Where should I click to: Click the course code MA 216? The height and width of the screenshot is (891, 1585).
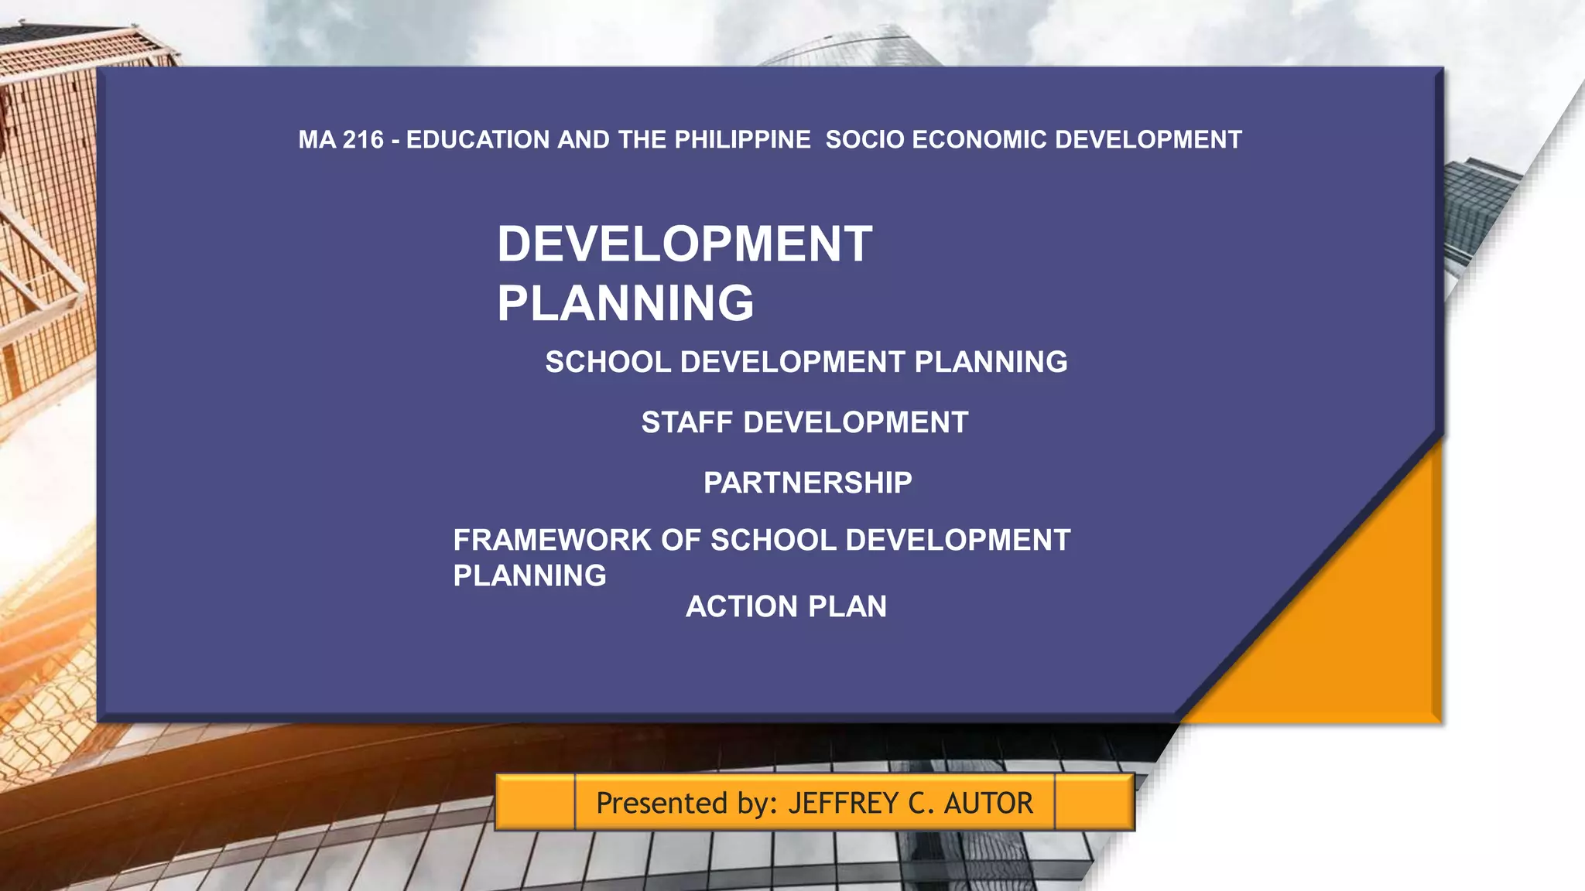pos(341,140)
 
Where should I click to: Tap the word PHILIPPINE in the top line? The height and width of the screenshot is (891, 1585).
pos(742,140)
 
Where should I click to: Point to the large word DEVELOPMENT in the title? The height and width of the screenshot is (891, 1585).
pos(684,244)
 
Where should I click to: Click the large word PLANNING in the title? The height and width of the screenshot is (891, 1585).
pos(625,303)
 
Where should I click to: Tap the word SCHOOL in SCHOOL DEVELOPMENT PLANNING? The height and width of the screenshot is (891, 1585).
pos(608,363)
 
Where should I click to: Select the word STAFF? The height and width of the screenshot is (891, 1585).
pos(686,423)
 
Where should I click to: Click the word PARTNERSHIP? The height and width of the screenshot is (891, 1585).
pos(807,483)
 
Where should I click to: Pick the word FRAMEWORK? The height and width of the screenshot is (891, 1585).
pos(552,541)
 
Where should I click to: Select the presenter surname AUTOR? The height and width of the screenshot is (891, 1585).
pos(988,804)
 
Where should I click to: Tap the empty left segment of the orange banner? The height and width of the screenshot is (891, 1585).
pos(535,802)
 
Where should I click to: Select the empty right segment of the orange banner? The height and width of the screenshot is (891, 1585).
pos(1094,802)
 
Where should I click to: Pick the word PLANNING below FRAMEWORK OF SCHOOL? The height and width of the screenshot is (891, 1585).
pos(529,576)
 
